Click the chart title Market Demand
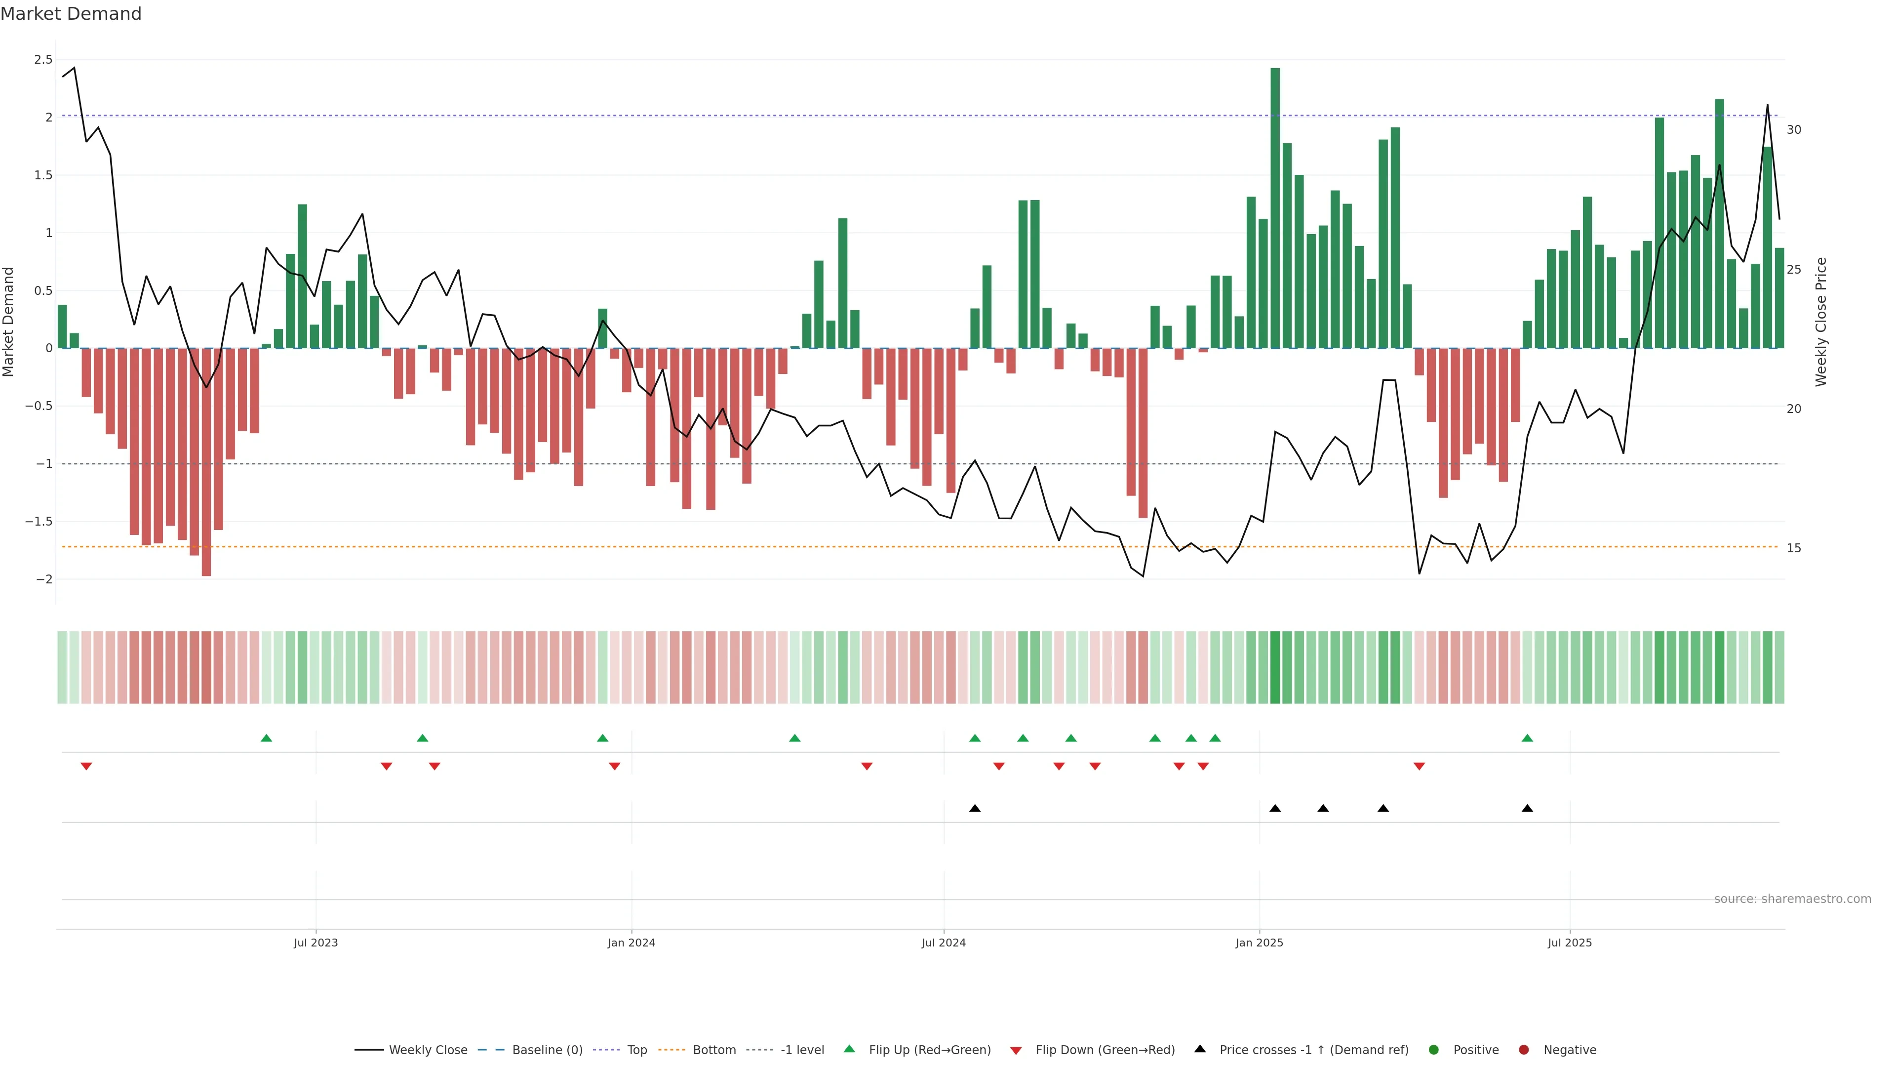71,14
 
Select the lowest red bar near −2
206,462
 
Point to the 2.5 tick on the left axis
43,60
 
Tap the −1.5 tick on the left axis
39,521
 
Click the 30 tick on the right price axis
1794,129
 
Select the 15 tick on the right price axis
1794,548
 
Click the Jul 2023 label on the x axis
316,943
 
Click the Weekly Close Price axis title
1821,322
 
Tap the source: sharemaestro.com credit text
1792,899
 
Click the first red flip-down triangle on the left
86,767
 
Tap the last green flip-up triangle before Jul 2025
1527,738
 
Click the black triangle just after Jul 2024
975,809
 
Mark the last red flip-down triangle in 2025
1419,767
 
